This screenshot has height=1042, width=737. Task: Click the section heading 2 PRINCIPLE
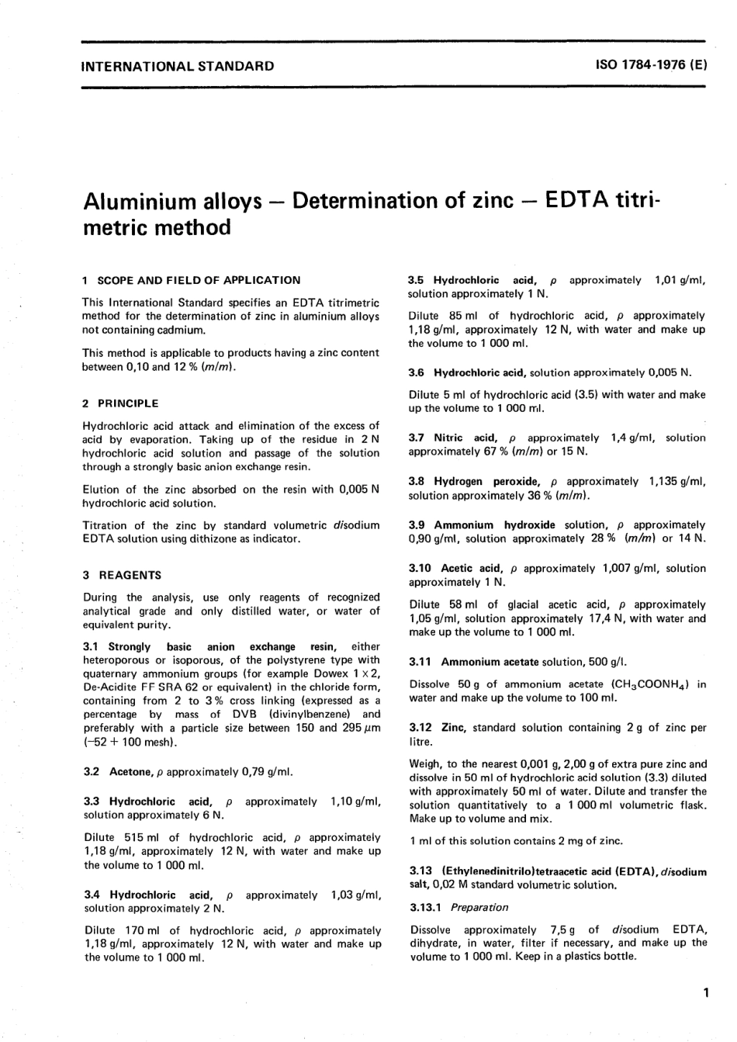coord(120,403)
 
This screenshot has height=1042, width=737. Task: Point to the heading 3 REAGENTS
coord(122,576)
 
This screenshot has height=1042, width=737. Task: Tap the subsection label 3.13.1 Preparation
coord(459,907)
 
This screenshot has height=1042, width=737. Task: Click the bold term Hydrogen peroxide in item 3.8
coord(486,482)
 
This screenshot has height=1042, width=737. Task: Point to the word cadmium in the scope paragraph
coord(182,330)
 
